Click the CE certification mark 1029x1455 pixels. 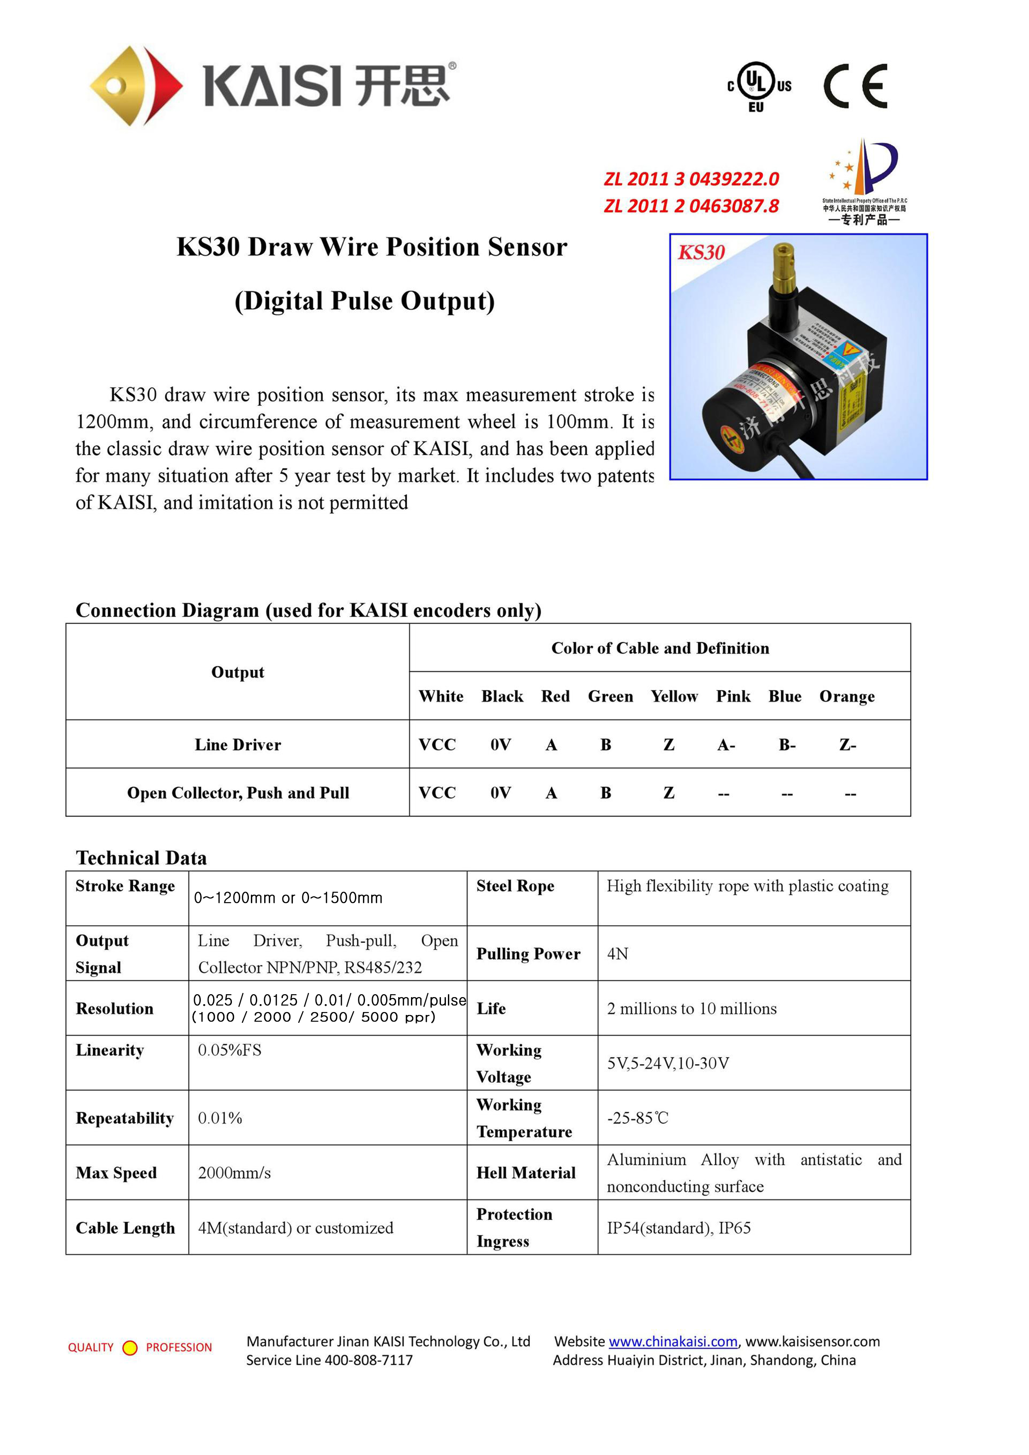[855, 86]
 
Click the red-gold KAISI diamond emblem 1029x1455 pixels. [136, 85]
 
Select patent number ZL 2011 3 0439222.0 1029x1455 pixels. [691, 179]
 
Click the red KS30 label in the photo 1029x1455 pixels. [701, 252]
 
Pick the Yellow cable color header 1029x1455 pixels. [674, 696]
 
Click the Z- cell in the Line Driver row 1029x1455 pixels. [848, 745]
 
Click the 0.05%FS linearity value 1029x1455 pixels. [229, 1050]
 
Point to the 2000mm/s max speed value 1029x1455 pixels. [234, 1173]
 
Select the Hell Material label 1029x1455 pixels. [526, 1173]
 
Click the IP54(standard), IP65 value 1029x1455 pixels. [679, 1228]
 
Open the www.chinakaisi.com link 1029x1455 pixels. [673, 1342]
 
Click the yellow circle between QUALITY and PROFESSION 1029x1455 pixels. [130, 1348]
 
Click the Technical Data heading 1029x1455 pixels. [141, 858]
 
